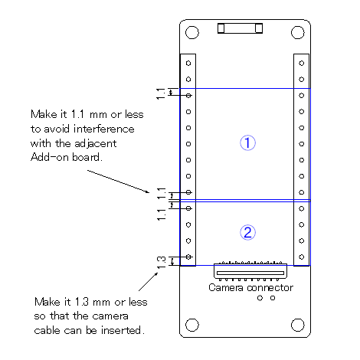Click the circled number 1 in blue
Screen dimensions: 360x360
(x=247, y=142)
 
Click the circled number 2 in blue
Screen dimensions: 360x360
(x=247, y=232)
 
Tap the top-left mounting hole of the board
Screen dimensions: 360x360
(x=192, y=32)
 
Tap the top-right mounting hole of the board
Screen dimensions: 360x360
(x=298, y=32)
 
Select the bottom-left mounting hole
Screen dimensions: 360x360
(x=192, y=325)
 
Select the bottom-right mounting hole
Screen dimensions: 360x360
(x=298, y=325)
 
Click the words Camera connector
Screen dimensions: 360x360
(x=250, y=288)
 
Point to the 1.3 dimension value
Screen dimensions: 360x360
(x=161, y=263)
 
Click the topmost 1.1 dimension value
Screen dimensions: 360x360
(x=161, y=93)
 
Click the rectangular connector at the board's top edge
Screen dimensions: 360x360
(x=240, y=28)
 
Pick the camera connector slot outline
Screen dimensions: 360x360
(x=250, y=273)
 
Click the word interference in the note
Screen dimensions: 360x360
(x=104, y=129)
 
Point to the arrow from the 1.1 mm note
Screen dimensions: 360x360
(x=119, y=182)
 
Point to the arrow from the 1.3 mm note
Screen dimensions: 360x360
(x=149, y=281)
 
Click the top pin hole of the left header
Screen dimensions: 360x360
(x=188, y=63)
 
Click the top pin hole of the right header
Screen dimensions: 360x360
(x=302, y=63)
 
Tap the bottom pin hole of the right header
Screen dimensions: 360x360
(x=302, y=257)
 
